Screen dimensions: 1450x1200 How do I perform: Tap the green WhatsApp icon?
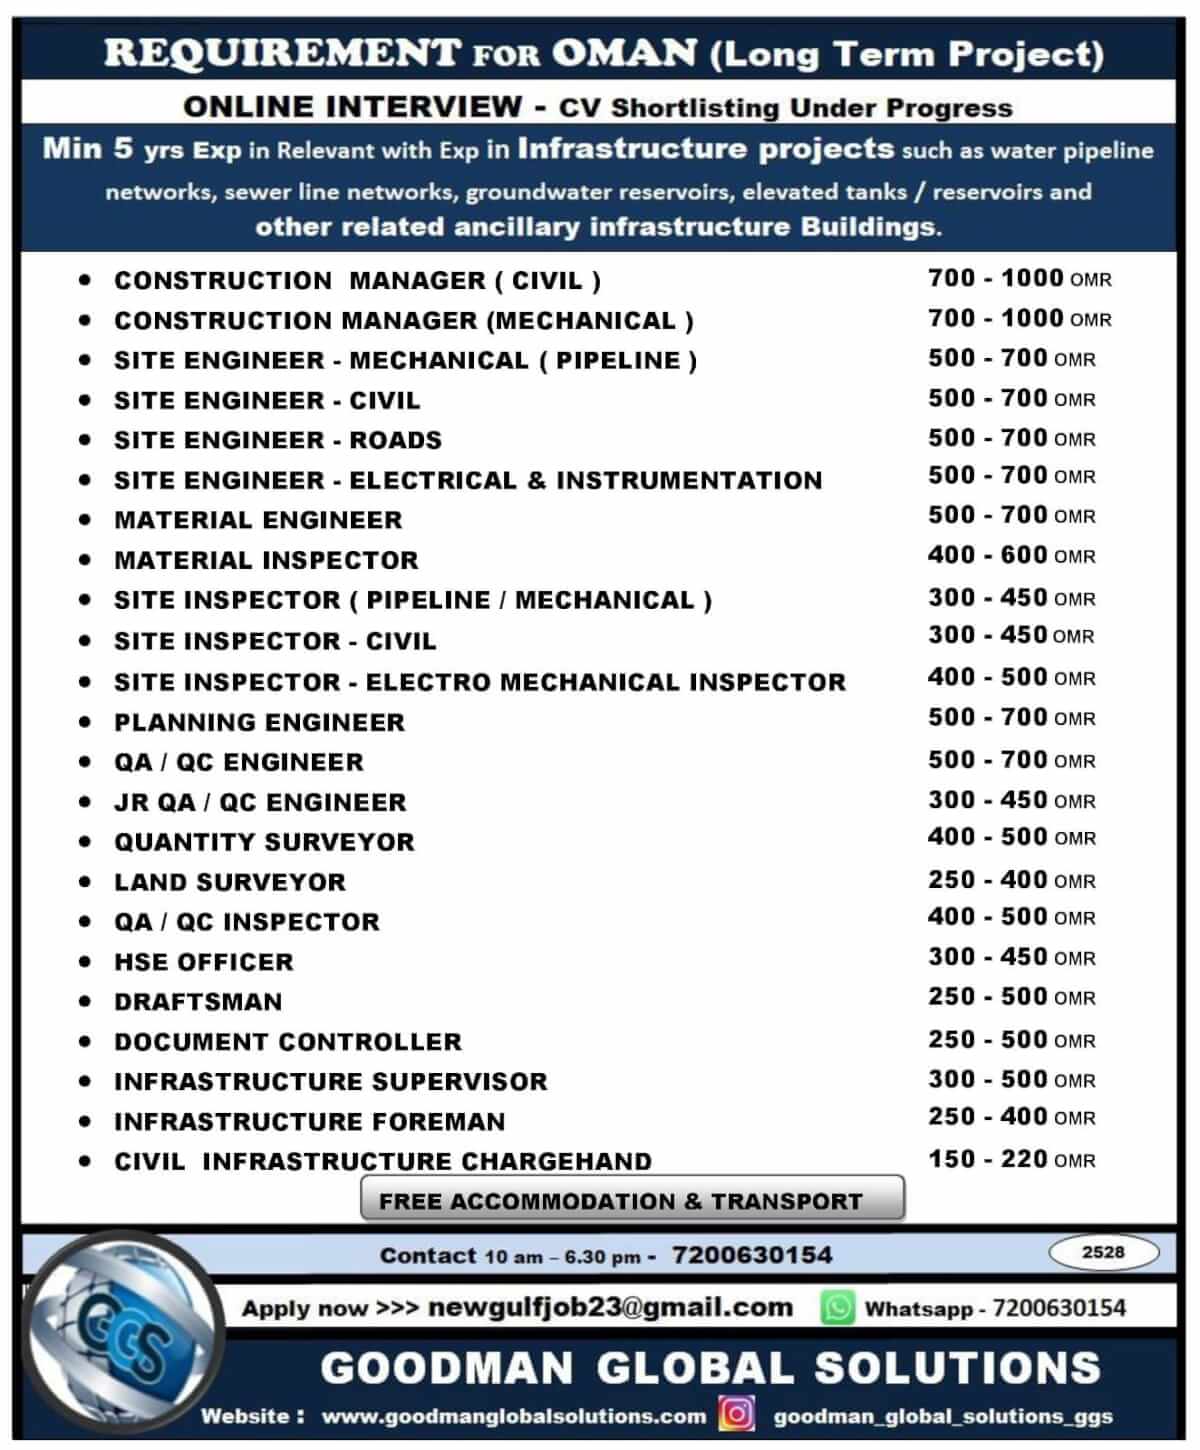tap(837, 1307)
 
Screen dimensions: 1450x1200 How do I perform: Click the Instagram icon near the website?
tap(737, 1414)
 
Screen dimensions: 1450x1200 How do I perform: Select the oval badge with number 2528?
tap(1103, 1252)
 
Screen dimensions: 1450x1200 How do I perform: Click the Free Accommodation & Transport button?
tap(632, 1200)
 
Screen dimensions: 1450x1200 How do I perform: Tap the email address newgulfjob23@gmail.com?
tap(610, 1307)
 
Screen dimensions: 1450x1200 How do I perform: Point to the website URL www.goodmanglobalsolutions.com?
tap(513, 1416)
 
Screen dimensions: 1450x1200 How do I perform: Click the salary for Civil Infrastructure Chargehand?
tap(1011, 1159)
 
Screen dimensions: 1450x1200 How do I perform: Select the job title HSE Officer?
tap(204, 962)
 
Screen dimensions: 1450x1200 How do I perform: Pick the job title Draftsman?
tap(198, 1002)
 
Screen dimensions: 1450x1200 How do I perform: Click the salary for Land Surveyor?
tap(1011, 880)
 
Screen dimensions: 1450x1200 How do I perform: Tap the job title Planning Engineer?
tap(259, 722)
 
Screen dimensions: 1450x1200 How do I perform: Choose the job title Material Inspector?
tap(266, 560)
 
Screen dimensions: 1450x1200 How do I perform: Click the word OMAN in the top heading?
tap(623, 53)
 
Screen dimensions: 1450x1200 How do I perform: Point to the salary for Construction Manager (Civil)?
tap(1019, 279)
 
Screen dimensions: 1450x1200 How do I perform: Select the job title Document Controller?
tap(288, 1042)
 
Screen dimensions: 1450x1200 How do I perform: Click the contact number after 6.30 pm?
tap(752, 1255)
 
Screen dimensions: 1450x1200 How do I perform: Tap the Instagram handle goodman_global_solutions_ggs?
tap(943, 1416)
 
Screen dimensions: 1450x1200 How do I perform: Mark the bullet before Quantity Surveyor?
tap(85, 842)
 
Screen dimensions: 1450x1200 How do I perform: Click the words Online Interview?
tap(353, 106)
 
